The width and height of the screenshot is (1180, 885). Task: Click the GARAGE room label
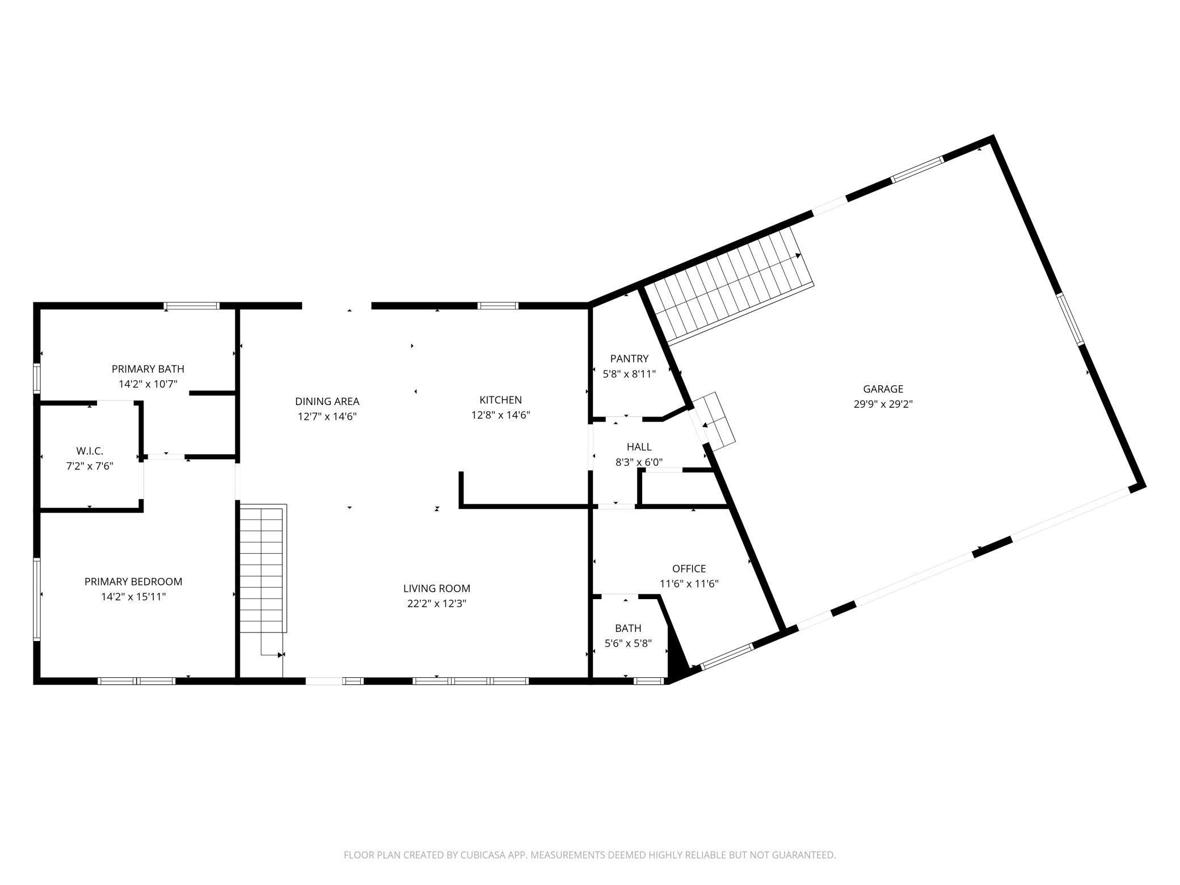883,389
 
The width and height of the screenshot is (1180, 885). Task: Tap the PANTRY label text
629,359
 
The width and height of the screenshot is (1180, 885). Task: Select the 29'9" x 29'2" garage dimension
883,404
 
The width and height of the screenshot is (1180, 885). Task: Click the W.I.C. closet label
90,451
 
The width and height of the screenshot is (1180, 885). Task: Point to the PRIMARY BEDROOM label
133,581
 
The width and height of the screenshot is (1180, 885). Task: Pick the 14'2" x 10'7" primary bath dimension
148,384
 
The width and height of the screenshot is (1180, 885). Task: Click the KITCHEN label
500,400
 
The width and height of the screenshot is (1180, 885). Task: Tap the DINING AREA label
327,402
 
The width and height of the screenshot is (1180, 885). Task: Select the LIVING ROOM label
437,589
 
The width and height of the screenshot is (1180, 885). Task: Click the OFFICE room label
689,568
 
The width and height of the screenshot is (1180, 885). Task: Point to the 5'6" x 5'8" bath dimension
628,644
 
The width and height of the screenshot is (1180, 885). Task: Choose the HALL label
639,447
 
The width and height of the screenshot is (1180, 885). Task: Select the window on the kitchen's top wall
498,306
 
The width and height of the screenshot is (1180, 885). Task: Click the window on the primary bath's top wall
191,306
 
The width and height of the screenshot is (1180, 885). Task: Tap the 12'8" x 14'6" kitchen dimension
500,415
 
